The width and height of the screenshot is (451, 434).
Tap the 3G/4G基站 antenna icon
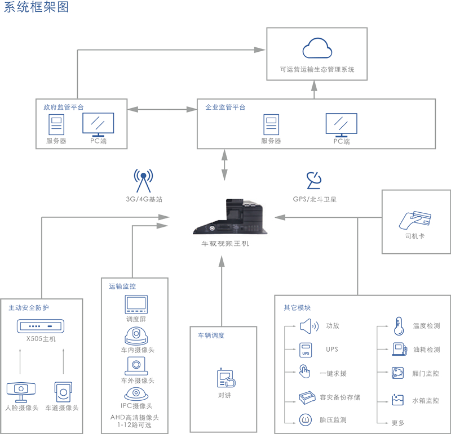[143, 181]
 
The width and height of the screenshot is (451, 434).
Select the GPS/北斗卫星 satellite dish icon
[314, 181]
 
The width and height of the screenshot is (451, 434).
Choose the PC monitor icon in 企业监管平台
[341, 125]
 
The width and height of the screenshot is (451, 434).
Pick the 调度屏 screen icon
[136, 305]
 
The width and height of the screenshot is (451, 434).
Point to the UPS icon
[306, 349]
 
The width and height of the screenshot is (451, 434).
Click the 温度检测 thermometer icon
[398, 325]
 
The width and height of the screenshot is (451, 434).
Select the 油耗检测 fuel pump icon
[399, 349]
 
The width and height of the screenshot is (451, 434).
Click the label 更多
[398, 422]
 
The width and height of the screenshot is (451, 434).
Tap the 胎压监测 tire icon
[306, 420]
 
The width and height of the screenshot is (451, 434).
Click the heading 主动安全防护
[29, 308]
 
